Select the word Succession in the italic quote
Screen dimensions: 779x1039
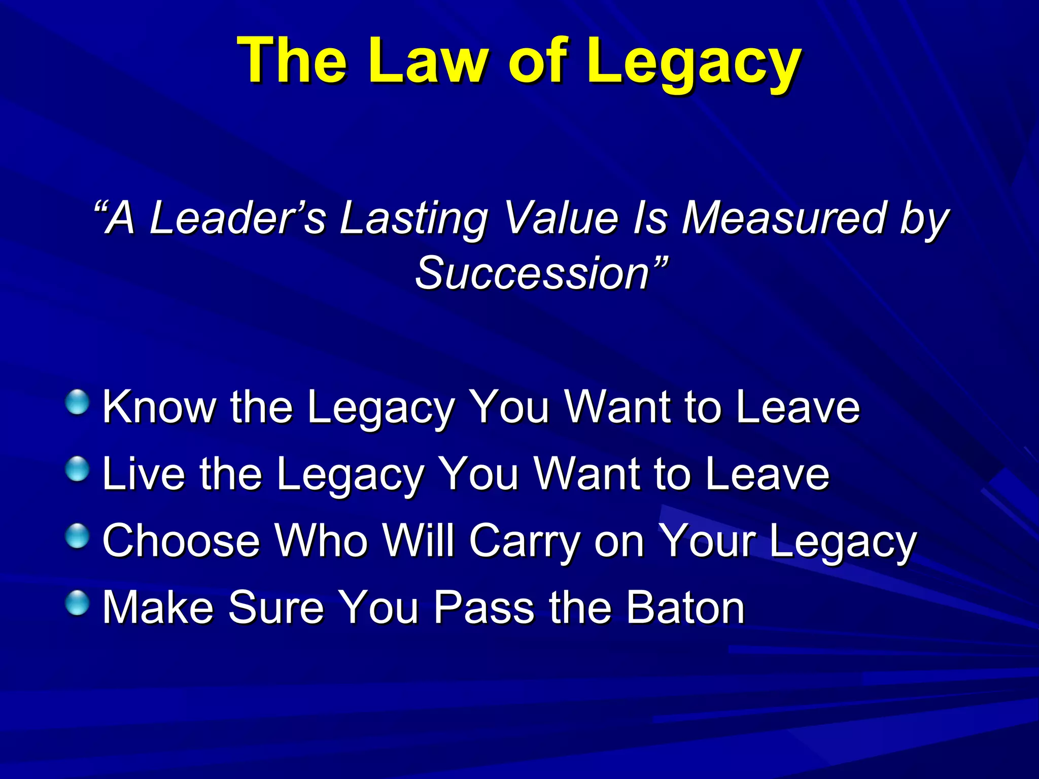click(533, 274)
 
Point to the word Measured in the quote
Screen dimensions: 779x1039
click(784, 218)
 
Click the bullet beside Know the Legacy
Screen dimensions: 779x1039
click(78, 402)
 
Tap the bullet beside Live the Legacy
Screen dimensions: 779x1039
click(78, 469)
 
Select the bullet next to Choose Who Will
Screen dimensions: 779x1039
click(78, 536)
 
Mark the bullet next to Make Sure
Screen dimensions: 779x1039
click(78, 603)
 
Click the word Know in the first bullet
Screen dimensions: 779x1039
click(159, 407)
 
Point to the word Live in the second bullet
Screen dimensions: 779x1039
click(144, 474)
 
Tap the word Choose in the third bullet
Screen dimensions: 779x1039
click(182, 541)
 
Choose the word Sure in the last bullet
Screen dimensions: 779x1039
click(276, 608)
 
